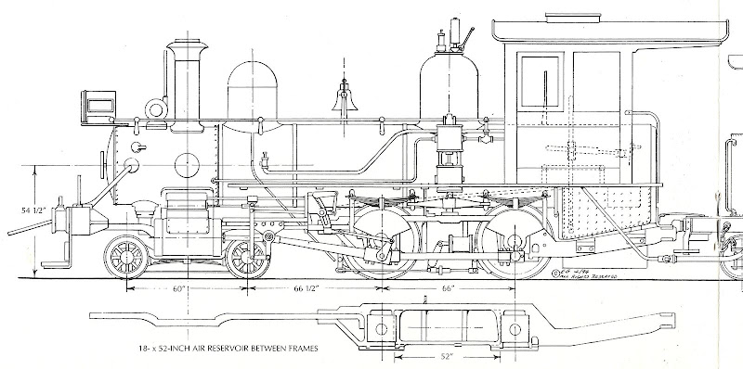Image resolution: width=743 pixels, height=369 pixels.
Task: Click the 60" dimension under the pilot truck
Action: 180,290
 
